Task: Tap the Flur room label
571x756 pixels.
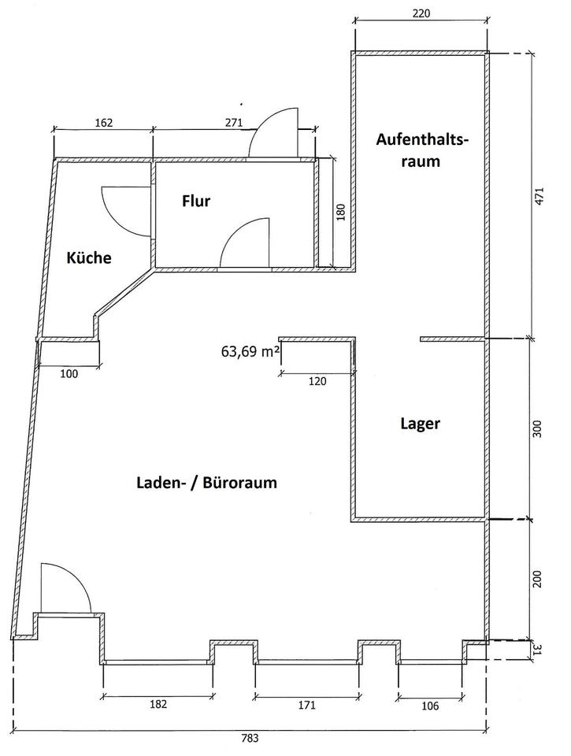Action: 196,202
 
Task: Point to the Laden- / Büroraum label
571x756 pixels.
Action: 207,483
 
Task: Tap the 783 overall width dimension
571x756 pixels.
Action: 250,739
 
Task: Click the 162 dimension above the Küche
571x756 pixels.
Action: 104,123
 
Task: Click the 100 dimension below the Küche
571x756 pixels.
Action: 69,374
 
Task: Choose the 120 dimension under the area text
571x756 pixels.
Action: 316,381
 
